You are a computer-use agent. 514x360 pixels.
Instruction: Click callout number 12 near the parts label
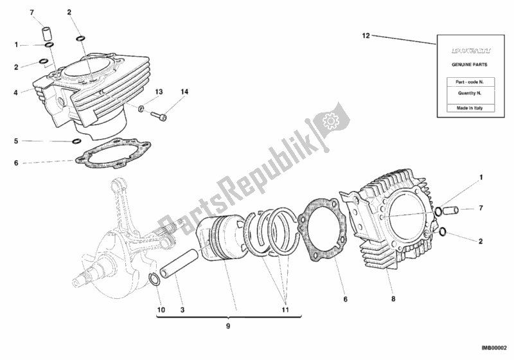pyautogui.click(x=366, y=36)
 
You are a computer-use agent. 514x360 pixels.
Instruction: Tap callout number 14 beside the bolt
pyautogui.click(x=185, y=93)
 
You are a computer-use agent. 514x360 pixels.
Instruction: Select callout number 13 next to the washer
pyautogui.click(x=159, y=92)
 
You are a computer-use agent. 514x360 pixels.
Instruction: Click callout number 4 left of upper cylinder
pyautogui.click(x=15, y=92)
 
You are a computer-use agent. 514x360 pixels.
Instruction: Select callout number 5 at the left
pyautogui.click(x=15, y=140)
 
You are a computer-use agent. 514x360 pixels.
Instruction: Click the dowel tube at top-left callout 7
pyautogui.click(x=46, y=32)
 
